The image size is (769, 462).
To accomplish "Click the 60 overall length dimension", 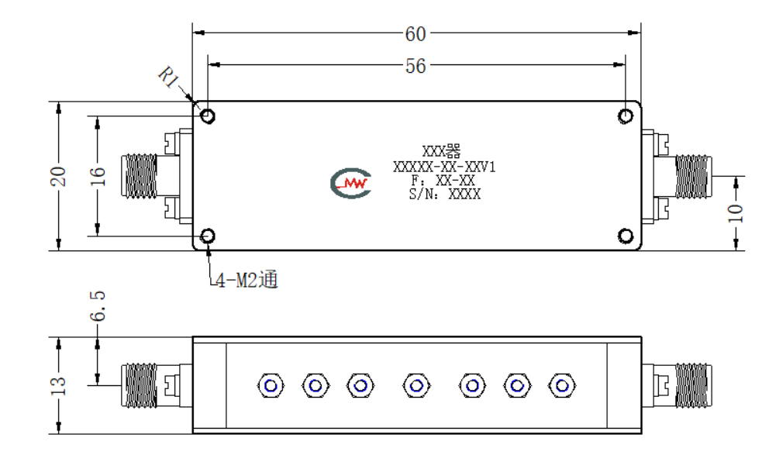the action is point(416,34).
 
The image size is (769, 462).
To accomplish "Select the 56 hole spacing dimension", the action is point(416,66).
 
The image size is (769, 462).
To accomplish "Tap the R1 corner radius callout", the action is point(168,78).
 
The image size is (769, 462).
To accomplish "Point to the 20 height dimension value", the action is point(58,177).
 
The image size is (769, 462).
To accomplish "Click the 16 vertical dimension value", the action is point(98,176).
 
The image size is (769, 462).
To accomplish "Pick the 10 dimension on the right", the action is point(735,213).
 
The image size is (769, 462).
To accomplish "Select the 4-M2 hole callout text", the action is point(247,280).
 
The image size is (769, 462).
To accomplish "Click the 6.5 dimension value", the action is point(98,305).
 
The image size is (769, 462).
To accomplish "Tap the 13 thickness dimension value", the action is point(58,386).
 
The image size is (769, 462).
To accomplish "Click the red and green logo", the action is point(351,184).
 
